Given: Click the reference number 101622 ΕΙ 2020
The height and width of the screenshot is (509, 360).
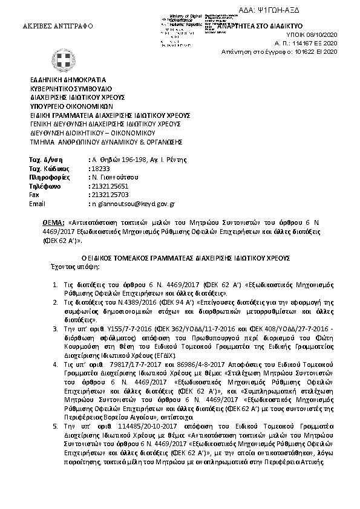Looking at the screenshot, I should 320,53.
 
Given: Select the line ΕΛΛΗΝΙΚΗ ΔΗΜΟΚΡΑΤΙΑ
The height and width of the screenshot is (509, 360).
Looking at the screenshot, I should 68,79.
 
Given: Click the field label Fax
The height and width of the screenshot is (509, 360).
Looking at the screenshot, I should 34,195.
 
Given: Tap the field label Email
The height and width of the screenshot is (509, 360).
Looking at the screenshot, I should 37,204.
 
